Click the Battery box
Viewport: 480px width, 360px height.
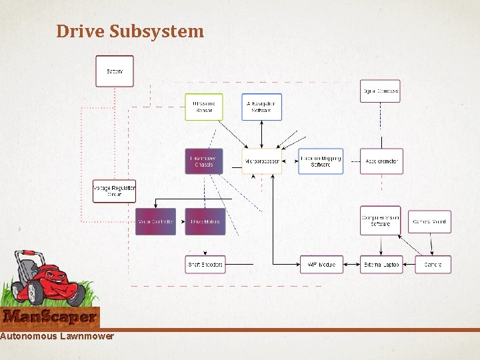tap(115, 71)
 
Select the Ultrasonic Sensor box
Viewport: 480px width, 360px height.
tap(203, 107)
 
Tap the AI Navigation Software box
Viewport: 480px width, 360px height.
tap(261, 107)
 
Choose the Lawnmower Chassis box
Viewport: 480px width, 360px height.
tap(203, 161)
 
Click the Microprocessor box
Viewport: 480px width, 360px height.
tap(261, 161)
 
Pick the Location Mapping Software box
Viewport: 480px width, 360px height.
tap(321, 161)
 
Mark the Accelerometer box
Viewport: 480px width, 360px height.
tap(381, 161)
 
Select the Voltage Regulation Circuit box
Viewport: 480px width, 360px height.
tap(114, 191)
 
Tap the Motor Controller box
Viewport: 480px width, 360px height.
tap(155, 221)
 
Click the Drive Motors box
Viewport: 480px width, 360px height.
tap(205, 221)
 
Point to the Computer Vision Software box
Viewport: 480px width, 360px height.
tap(380, 221)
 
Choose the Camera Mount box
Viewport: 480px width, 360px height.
tap(430, 221)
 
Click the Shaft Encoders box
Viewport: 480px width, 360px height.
tap(205, 265)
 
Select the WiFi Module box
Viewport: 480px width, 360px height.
tap(320, 265)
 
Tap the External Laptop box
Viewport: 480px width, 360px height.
tap(381, 265)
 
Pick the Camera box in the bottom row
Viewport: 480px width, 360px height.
tap(433, 265)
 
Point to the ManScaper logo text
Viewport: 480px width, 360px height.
tap(49, 317)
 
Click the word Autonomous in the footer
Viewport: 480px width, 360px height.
tap(28, 336)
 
